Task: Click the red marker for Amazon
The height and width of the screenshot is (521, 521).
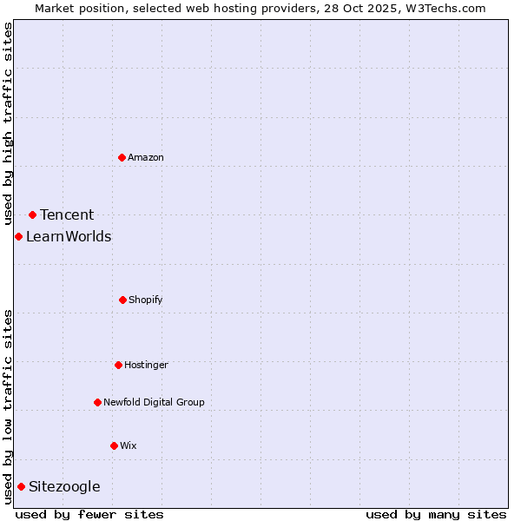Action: (122, 157)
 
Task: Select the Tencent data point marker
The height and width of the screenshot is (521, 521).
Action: (32, 214)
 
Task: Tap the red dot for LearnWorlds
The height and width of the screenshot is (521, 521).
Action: (18, 236)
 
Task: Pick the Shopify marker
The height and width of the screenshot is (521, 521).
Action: (122, 300)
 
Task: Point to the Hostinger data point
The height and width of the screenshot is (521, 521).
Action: (118, 365)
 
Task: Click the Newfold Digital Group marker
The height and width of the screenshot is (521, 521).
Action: (97, 402)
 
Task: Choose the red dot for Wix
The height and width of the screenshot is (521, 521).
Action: (114, 445)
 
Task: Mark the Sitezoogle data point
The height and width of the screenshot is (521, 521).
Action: (21, 486)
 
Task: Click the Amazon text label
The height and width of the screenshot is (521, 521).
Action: (146, 157)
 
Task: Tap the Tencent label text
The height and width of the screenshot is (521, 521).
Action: (67, 214)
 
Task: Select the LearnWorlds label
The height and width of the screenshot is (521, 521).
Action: (69, 236)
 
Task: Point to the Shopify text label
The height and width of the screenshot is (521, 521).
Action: (146, 300)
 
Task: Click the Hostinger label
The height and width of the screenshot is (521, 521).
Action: (146, 365)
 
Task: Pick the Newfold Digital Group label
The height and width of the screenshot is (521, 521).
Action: (154, 402)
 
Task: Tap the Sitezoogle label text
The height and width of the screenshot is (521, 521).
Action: (64, 486)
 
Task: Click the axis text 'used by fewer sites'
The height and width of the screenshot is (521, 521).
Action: (89, 514)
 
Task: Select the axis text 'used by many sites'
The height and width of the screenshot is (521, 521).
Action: (436, 514)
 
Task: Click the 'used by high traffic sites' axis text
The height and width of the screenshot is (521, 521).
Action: (8, 123)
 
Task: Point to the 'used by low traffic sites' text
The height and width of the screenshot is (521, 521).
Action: (8, 406)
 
